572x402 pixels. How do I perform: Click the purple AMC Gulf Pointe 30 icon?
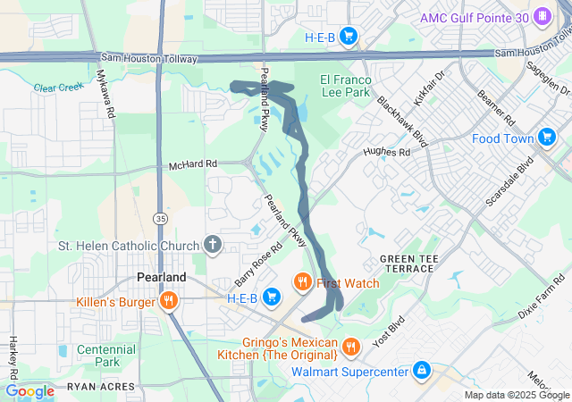click(x=542, y=17)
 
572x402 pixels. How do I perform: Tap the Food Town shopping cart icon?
click(x=547, y=138)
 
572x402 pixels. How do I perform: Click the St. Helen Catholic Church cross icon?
click(x=213, y=244)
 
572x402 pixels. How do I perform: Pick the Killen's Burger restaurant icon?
click(x=167, y=302)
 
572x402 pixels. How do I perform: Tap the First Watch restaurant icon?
click(x=303, y=283)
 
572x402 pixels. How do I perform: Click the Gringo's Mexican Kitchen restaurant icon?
click(x=351, y=345)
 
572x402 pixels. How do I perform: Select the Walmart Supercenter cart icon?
click(x=421, y=370)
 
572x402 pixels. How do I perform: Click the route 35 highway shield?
click(x=159, y=217)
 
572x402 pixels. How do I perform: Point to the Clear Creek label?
click(x=56, y=88)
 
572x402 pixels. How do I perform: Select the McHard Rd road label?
click(x=193, y=165)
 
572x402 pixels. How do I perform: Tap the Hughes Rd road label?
click(x=386, y=153)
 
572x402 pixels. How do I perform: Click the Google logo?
click(x=29, y=390)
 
